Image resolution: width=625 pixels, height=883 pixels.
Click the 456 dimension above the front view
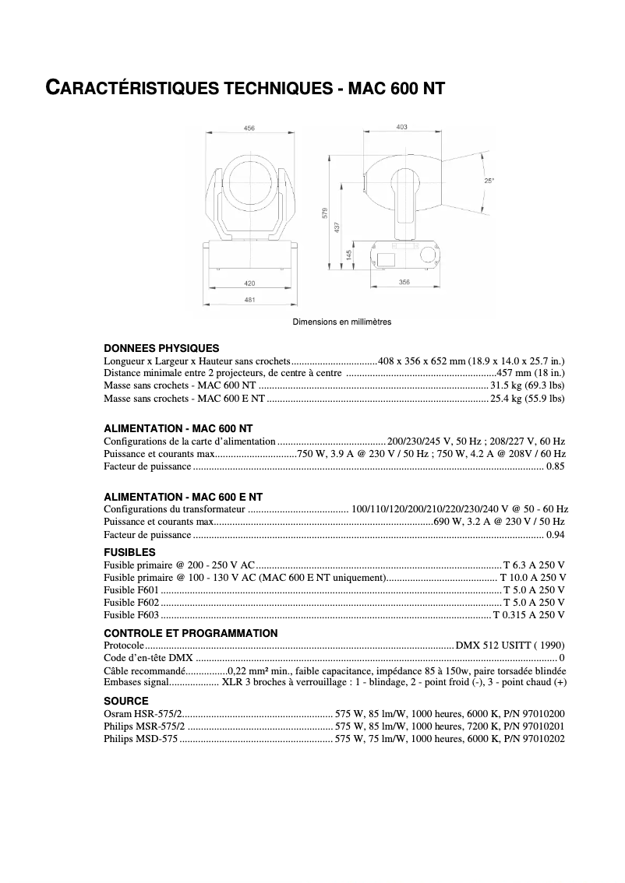pyautogui.click(x=249, y=128)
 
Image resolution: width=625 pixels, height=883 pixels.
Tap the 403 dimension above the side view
pyautogui.click(x=402, y=127)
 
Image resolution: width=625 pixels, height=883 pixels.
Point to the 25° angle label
pyautogui.click(x=489, y=181)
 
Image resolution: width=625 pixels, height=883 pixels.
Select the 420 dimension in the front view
pyautogui.click(x=249, y=283)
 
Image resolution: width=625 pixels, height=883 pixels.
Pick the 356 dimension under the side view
pyautogui.click(x=404, y=282)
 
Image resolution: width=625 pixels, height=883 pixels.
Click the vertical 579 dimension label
pyautogui.click(x=325, y=213)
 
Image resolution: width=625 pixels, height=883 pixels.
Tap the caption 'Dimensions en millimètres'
pyautogui.click(x=342, y=322)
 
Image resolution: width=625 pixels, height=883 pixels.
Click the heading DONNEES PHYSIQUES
pyautogui.click(x=161, y=348)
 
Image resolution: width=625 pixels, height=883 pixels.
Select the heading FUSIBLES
pyautogui.click(x=129, y=552)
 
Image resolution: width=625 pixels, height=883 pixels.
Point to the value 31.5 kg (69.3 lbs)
pyautogui.click(x=527, y=385)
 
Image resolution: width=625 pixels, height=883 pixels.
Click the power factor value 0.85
pyautogui.click(x=556, y=466)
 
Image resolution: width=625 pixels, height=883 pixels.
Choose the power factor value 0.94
pyautogui.click(x=556, y=535)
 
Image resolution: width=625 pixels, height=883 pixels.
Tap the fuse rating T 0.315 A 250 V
pyautogui.click(x=529, y=615)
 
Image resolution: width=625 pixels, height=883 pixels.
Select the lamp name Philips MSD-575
pyautogui.click(x=141, y=739)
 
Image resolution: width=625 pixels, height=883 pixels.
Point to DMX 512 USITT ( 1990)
pyautogui.click(x=510, y=646)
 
